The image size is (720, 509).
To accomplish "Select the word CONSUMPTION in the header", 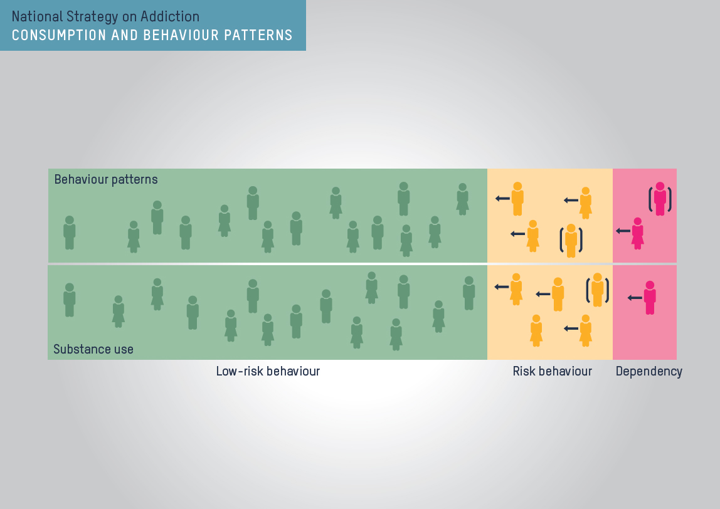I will click(x=51, y=35).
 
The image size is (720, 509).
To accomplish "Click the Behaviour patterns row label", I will click(x=106, y=179).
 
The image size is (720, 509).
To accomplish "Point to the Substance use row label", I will click(x=93, y=349).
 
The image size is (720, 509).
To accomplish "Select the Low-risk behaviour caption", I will click(x=268, y=371).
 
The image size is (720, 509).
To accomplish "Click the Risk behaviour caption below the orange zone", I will click(x=552, y=371).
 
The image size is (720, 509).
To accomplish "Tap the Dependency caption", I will click(x=649, y=371).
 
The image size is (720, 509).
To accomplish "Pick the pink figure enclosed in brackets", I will click(x=660, y=199).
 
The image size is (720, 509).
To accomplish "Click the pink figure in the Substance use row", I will click(x=650, y=298).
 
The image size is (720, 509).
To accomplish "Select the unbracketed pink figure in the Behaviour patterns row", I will click(x=637, y=233).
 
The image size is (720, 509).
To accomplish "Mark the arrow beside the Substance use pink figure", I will click(x=634, y=298).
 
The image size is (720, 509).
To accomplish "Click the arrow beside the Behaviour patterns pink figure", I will click(x=622, y=231).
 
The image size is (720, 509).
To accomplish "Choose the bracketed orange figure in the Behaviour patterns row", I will click(x=571, y=241).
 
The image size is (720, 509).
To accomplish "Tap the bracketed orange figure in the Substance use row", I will click(x=597, y=290).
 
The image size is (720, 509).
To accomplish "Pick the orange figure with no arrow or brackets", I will click(x=536, y=330).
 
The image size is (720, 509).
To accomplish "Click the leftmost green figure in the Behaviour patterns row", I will click(x=70, y=233).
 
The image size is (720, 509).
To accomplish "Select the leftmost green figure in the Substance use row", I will click(x=70, y=300).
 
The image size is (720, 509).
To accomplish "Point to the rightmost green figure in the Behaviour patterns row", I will click(x=462, y=199).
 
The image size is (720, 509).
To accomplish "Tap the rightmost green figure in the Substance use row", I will click(x=469, y=293).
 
